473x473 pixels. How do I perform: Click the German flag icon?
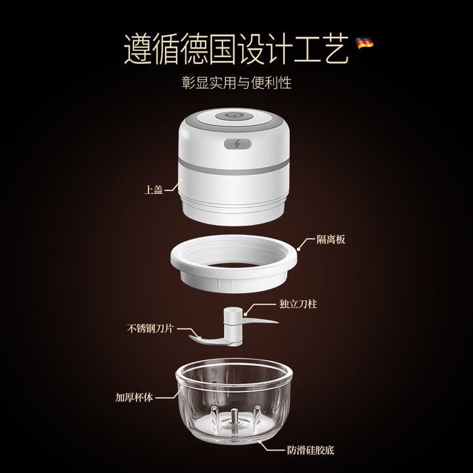(x=364, y=43)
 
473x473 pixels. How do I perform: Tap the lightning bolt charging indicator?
(x=237, y=144)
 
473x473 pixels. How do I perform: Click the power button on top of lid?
(x=233, y=116)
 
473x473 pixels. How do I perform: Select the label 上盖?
(x=154, y=189)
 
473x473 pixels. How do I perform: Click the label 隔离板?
(x=330, y=240)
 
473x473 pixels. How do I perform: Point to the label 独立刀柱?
(x=298, y=304)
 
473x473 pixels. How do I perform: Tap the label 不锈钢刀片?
(x=150, y=328)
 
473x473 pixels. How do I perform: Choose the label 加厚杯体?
(x=134, y=397)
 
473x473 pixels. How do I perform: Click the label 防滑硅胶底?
(x=310, y=451)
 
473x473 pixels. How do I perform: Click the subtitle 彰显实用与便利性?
(x=236, y=83)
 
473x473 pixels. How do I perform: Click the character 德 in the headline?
(x=194, y=49)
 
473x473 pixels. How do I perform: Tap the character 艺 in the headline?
(x=335, y=49)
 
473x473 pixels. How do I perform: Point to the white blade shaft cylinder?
(x=233, y=326)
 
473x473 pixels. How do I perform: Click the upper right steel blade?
(x=260, y=321)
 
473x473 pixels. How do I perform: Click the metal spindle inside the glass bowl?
(x=234, y=419)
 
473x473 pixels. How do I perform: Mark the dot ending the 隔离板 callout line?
(x=299, y=249)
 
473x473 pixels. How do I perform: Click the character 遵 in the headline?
(x=137, y=49)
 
